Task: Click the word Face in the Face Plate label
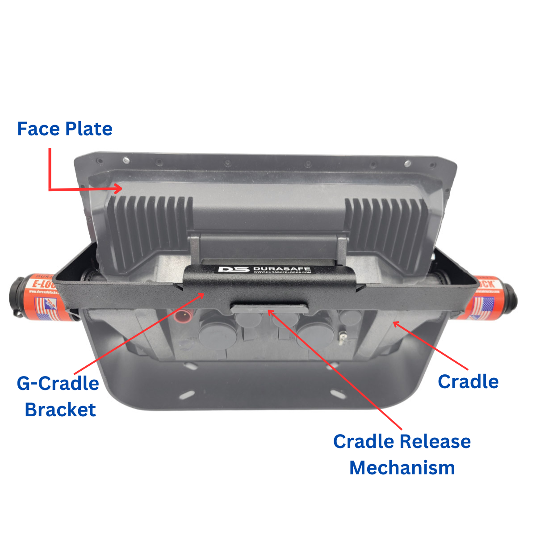[x=38, y=129]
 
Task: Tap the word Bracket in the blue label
[x=60, y=410]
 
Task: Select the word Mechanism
[x=402, y=468]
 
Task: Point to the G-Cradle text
[x=58, y=383]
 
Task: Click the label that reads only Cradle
[x=468, y=381]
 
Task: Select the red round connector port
[x=181, y=318]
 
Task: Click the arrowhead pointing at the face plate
[x=118, y=188]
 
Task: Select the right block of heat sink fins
[x=386, y=228]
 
